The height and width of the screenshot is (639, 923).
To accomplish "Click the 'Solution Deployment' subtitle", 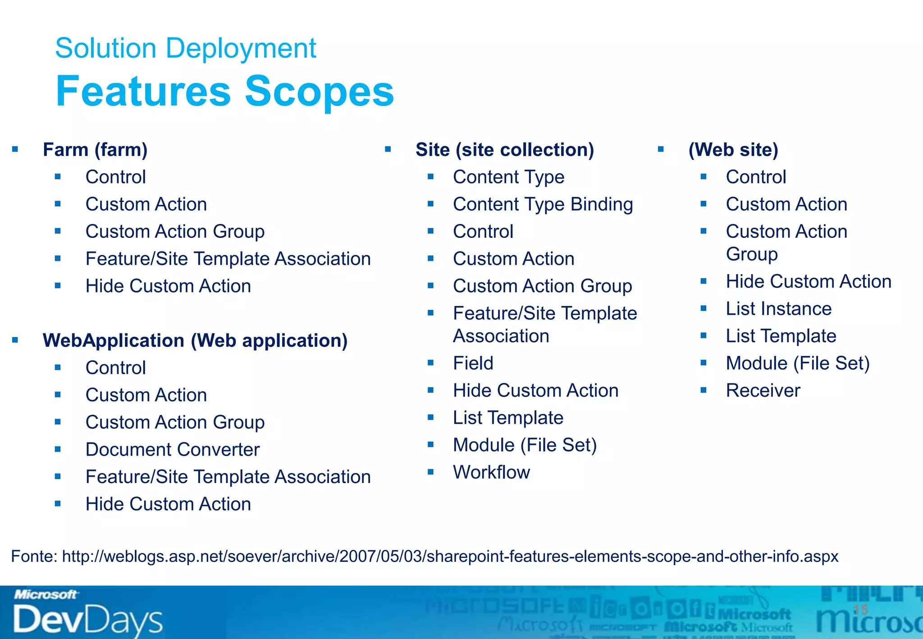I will click(185, 48).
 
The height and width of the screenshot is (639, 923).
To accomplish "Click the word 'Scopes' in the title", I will click(319, 91).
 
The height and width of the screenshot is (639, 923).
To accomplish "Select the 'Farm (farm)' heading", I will click(95, 150).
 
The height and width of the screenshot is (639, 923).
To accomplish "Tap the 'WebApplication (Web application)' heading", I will click(195, 341).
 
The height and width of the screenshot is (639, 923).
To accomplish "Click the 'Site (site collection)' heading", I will click(504, 150).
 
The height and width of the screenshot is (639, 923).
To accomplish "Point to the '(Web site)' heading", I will click(733, 150).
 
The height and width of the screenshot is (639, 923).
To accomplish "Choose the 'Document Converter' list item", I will click(173, 450).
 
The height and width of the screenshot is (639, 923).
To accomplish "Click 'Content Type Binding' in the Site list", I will click(543, 205).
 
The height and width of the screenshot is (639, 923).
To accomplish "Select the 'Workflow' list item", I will click(491, 472).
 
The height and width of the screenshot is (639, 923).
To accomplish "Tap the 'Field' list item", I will click(473, 363).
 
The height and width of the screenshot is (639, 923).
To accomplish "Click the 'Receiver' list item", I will click(763, 391).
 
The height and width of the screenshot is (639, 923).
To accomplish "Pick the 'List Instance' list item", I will click(778, 309).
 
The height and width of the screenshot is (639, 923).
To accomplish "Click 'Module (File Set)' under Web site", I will click(797, 363).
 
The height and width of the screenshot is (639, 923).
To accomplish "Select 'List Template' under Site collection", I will click(508, 418).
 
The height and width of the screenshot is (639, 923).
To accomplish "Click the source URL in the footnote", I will click(450, 557).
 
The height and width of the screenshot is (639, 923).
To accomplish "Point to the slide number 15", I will click(860, 610).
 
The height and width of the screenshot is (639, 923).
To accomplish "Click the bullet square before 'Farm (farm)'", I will click(15, 149).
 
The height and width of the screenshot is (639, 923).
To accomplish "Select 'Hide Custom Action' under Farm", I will click(168, 286).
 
